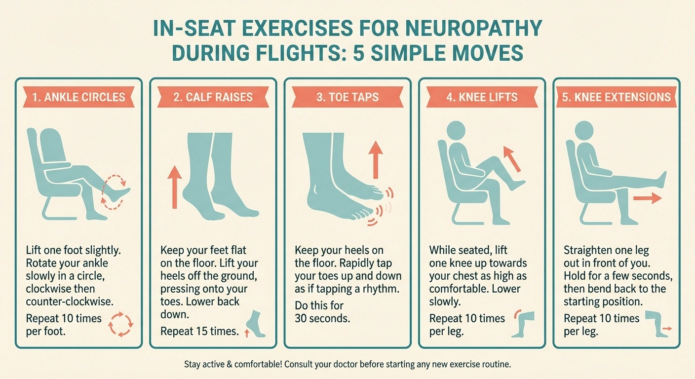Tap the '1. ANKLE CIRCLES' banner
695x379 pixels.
pos(78,97)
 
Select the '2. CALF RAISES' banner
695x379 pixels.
pos(213,97)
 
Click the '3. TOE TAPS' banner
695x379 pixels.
pos(347,97)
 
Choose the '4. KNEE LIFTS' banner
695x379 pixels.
pos(482,97)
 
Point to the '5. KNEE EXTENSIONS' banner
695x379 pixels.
pos(616,97)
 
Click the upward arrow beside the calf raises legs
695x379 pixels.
pos(174,187)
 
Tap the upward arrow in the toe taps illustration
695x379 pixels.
pos(376,158)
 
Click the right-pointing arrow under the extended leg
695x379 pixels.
pos(647,198)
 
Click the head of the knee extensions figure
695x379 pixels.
pos(585,131)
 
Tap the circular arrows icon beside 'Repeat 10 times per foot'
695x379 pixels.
pos(120,324)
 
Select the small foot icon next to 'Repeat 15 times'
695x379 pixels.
pos(256,324)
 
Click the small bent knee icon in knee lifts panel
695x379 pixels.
pos(523,323)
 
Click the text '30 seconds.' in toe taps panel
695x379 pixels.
pos(322,318)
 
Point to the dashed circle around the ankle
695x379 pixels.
pos(115,191)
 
